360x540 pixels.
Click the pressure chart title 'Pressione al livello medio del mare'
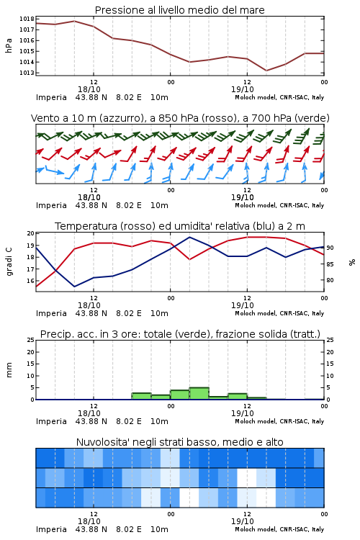(179, 10)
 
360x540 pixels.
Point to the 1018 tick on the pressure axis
(26, 19)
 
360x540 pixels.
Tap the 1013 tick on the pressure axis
(26, 73)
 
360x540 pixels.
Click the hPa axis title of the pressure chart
(9, 45)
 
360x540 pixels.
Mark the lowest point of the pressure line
(266, 71)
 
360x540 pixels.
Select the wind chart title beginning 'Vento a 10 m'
(180, 118)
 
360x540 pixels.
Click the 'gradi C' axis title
(9, 262)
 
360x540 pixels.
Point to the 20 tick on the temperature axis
(30, 233)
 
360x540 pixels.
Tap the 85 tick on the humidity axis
(330, 264)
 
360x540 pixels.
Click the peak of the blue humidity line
(190, 237)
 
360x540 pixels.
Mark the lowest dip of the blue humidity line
(74, 287)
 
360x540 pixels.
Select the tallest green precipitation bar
(199, 393)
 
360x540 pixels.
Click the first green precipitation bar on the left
(142, 396)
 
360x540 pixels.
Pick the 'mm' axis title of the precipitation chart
(9, 370)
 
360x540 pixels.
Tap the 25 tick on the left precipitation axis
(30, 340)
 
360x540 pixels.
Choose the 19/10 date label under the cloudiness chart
(243, 521)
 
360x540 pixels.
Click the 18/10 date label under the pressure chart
(89, 89)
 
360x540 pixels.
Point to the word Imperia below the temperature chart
(51, 313)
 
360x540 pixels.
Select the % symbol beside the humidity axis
(352, 262)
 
